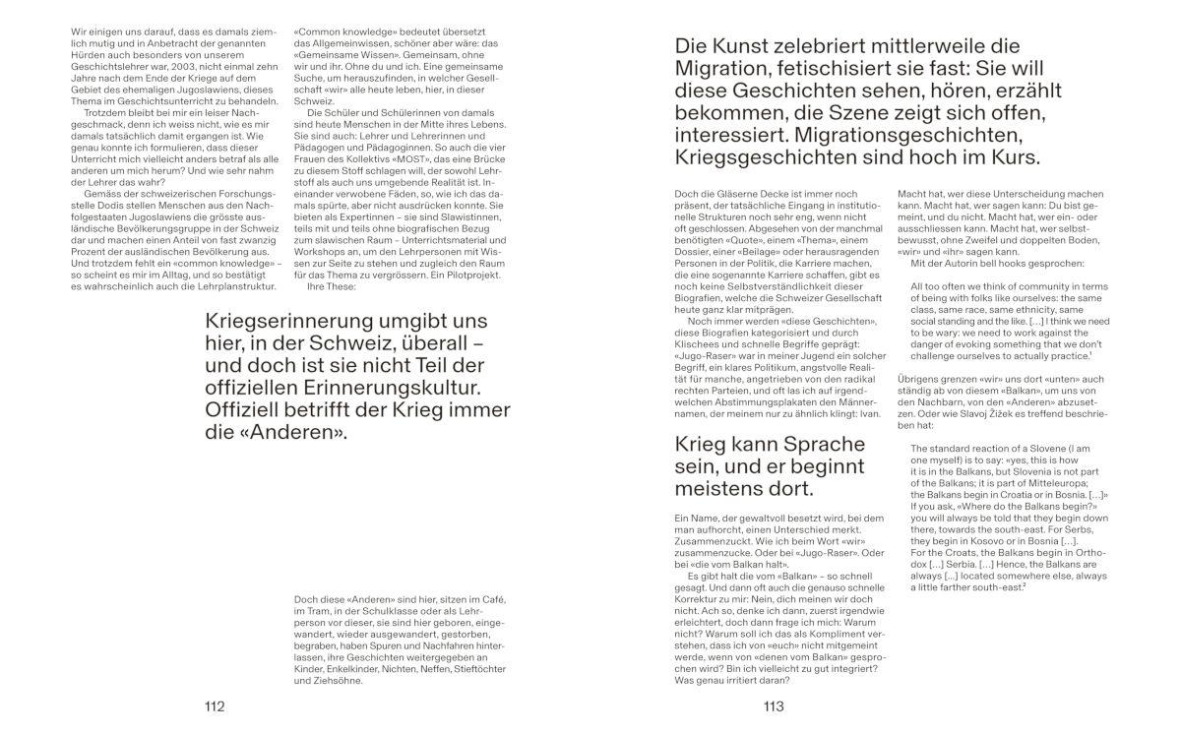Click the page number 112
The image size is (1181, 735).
tap(215, 706)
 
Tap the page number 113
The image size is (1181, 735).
tap(773, 706)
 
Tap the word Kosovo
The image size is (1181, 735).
tap(992, 540)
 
